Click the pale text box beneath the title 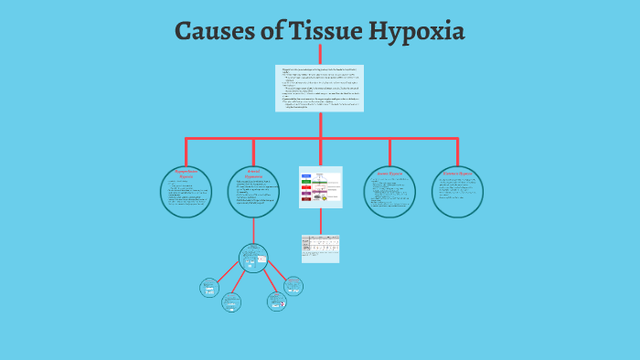coord(320,88)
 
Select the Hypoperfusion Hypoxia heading coord(186,173)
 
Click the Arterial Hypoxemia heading coord(253,173)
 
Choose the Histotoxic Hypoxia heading coord(457,173)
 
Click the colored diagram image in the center coord(320,186)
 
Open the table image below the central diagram coord(320,248)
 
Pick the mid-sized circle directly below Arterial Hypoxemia coord(253,259)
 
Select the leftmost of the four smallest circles coord(209,288)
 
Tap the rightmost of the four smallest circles coord(293,286)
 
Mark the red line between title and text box coord(320,54)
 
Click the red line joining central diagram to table coord(320,221)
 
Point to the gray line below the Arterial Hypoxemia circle coord(253,230)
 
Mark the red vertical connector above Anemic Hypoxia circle coord(389,152)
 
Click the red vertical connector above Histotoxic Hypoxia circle coord(457,152)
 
